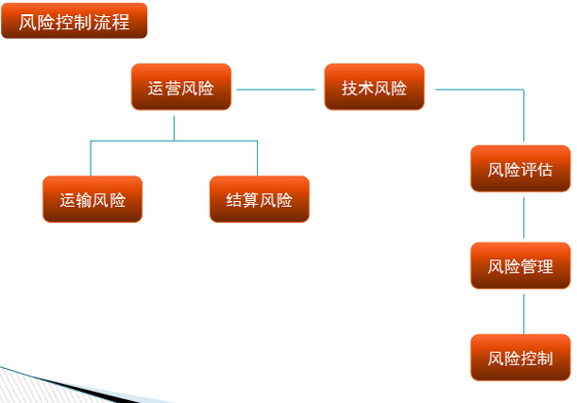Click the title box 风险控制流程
75,21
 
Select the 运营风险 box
181,87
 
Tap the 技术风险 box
374,87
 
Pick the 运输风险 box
93,199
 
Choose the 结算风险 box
260,199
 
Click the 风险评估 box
520,168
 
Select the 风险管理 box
520,265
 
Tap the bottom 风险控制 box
520,358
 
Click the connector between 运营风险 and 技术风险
276,90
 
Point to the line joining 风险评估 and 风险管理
523,217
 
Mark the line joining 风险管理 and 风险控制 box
523,313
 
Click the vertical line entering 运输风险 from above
91,159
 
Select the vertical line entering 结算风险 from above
257,159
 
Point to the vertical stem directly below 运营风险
174,128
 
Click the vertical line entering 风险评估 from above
523,115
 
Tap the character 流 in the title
102,22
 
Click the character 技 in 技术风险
349,89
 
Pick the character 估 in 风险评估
545,170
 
